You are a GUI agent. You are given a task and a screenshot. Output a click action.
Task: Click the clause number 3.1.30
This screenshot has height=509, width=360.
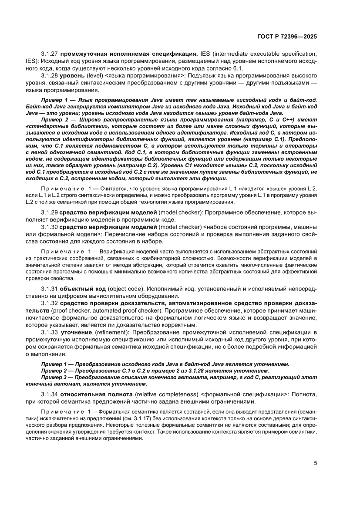[50, 227]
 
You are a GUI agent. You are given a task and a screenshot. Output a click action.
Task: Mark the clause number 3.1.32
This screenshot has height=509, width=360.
[50, 303]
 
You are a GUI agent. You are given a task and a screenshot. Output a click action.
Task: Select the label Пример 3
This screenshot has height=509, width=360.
[54, 378]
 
